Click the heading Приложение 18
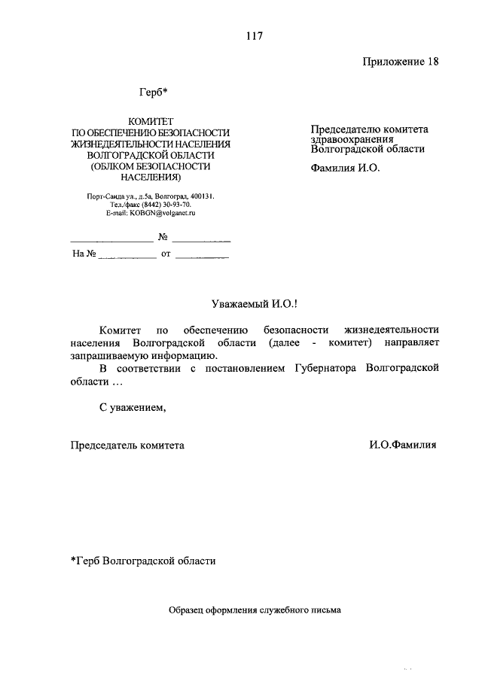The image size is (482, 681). pyautogui.click(x=400, y=62)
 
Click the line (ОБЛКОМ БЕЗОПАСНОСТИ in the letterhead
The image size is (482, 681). pyautogui.click(x=151, y=166)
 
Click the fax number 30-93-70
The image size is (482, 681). pyautogui.click(x=175, y=205)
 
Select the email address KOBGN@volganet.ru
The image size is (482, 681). pyautogui.click(x=151, y=214)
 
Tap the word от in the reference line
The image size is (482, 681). pyautogui.click(x=166, y=254)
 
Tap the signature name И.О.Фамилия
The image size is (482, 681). pyautogui.click(x=402, y=445)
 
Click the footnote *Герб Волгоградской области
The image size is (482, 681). pyautogui.click(x=143, y=561)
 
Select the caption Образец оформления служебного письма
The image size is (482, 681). pyautogui.click(x=255, y=611)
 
